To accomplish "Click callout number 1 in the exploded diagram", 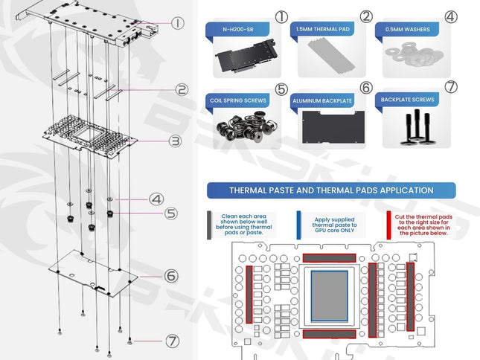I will click(x=177, y=23).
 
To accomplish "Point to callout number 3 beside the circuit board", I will click(x=175, y=140).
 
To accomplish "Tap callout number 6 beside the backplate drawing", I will click(x=172, y=276).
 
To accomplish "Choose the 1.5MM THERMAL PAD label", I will click(x=321, y=30).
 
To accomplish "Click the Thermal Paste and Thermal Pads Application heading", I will click(x=332, y=190).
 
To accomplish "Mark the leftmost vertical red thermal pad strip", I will click(x=249, y=294).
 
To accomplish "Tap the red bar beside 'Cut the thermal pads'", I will click(x=388, y=223).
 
